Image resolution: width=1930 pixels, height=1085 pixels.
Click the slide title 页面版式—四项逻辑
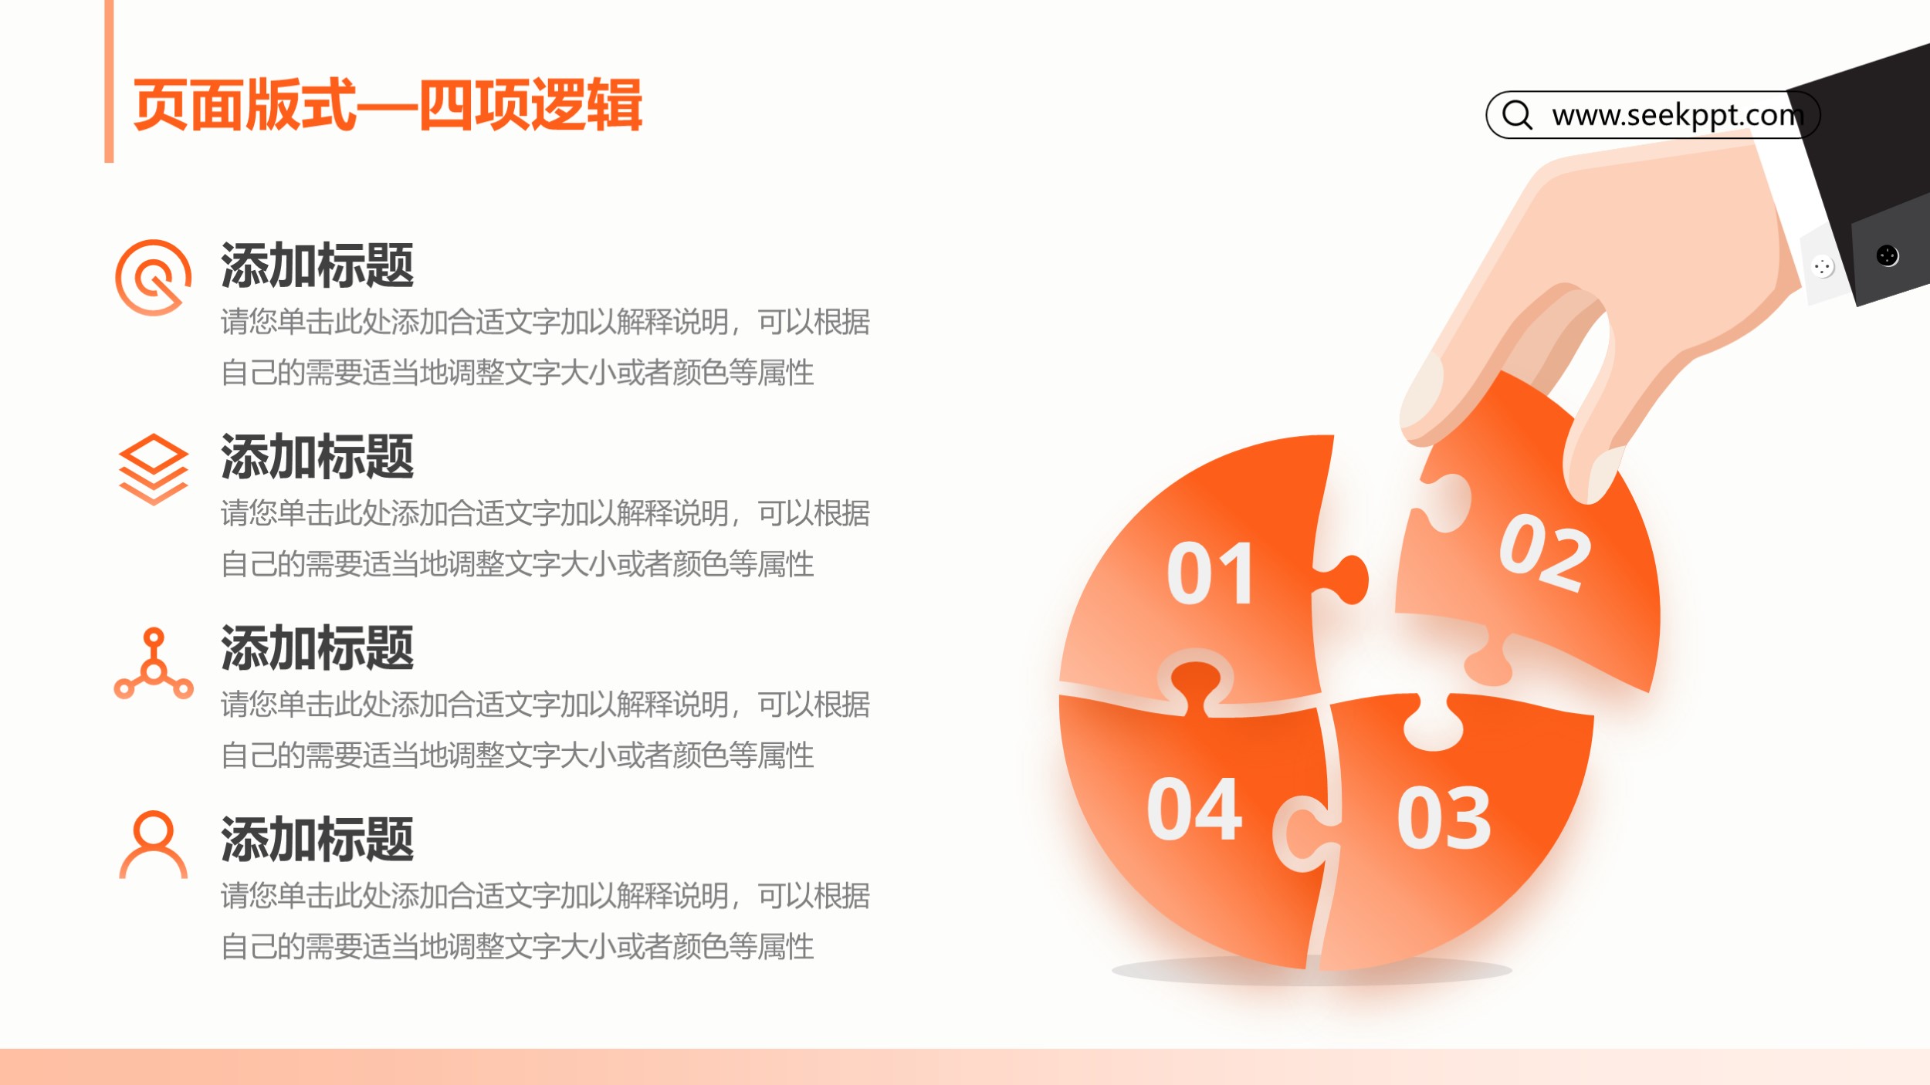pos(388,105)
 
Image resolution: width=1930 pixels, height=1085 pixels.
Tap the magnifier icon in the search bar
pos(1517,115)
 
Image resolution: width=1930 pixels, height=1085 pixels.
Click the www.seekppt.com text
pos(1678,116)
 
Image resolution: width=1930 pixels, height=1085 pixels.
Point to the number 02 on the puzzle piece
pos(1545,553)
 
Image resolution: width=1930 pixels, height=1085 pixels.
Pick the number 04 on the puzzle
pos(1194,809)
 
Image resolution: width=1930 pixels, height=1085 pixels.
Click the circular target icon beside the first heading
pos(153,278)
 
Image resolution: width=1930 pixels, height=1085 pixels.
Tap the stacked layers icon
pos(153,469)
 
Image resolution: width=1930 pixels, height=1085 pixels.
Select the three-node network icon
pos(154,664)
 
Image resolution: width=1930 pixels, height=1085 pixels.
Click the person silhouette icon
pos(153,845)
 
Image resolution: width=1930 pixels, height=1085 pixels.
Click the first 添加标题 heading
pos(317,265)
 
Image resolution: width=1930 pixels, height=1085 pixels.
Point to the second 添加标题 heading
pos(317,457)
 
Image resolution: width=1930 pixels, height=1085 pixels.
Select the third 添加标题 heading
pos(317,648)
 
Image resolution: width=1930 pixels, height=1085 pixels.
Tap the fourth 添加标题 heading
pos(317,840)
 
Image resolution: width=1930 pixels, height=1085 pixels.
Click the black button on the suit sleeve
pos(1887,255)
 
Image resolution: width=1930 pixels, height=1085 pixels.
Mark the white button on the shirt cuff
pos(1823,267)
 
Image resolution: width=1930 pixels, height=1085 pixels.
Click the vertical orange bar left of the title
pos(109,81)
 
